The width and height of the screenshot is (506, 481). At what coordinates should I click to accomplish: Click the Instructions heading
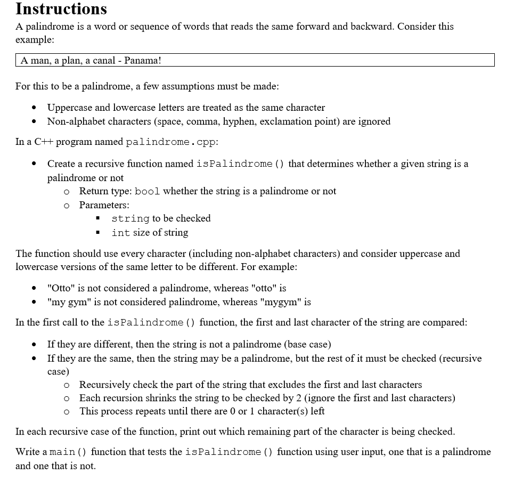61,9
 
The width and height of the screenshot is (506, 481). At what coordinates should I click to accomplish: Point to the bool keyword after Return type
148,191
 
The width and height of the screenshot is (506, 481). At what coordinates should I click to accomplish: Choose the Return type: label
106,191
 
